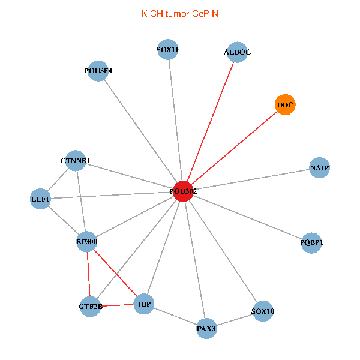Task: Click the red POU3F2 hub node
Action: tap(182, 191)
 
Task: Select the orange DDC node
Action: tap(285, 106)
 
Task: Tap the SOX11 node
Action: tap(168, 50)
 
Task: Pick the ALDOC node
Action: tap(238, 52)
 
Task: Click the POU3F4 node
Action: tap(98, 71)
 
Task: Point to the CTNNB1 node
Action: tap(76, 161)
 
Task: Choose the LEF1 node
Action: tap(41, 199)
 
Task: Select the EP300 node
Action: tap(87, 242)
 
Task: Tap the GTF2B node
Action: tap(91, 307)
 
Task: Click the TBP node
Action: tap(144, 304)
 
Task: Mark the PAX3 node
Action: tap(206, 328)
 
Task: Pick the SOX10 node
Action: tap(263, 311)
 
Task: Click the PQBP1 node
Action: tap(311, 242)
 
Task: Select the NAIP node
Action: tap(319, 167)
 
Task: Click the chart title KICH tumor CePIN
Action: tap(179, 13)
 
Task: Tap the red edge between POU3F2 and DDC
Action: tap(234, 148)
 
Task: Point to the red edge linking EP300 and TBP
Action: tap(115, 272)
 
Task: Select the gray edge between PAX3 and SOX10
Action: tap(235, 320)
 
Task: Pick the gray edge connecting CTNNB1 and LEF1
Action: tap(58, 180)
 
